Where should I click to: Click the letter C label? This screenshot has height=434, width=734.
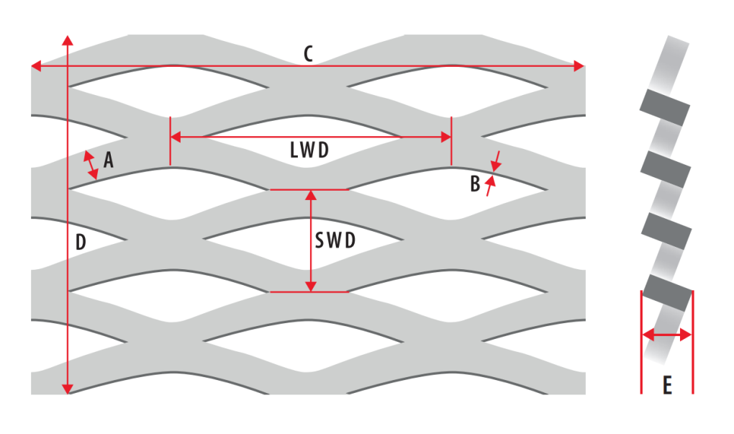(308, 54)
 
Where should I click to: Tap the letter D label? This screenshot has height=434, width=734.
(81, 243)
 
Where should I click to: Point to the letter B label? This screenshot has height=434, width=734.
(474, 184)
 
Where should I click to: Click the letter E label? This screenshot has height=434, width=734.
(667, 386)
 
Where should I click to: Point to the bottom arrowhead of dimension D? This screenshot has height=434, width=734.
(68, 389)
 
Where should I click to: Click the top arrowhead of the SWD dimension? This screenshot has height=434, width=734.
(310, 195)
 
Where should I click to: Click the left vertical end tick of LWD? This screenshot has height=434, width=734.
(170, 141)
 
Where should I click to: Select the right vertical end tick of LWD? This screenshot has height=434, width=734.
(451, 141)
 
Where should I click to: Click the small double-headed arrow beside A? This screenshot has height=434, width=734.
(91, 166)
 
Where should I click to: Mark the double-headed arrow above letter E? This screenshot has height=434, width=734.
(667, 335)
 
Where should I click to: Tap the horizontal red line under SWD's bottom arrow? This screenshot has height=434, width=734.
(310, 292)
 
